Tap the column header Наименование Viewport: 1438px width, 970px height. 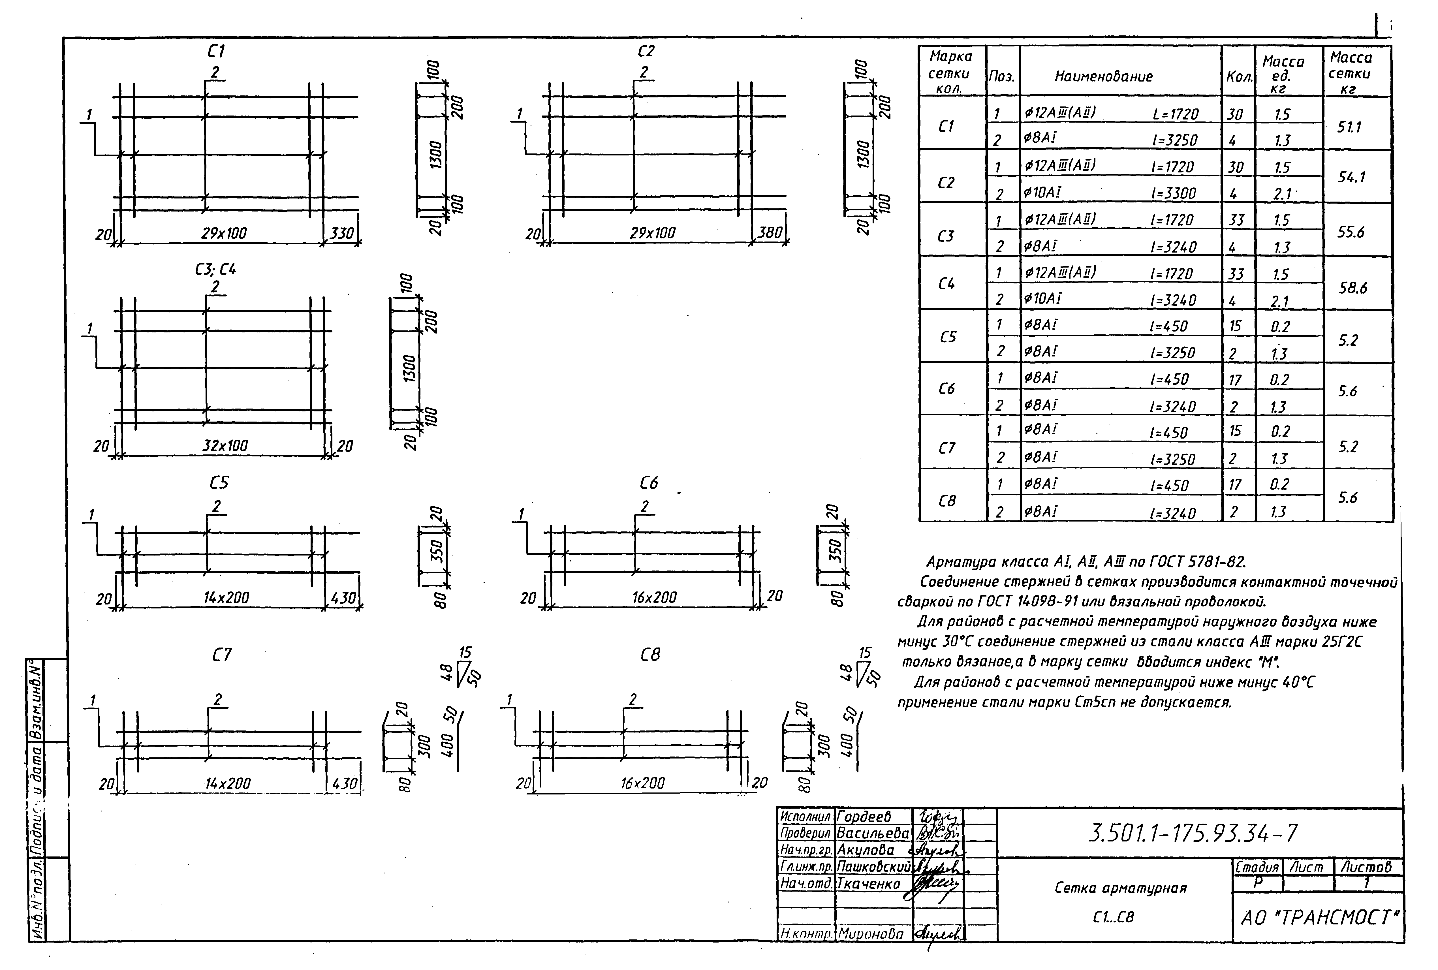1103,77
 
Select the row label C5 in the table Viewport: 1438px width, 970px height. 948,337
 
